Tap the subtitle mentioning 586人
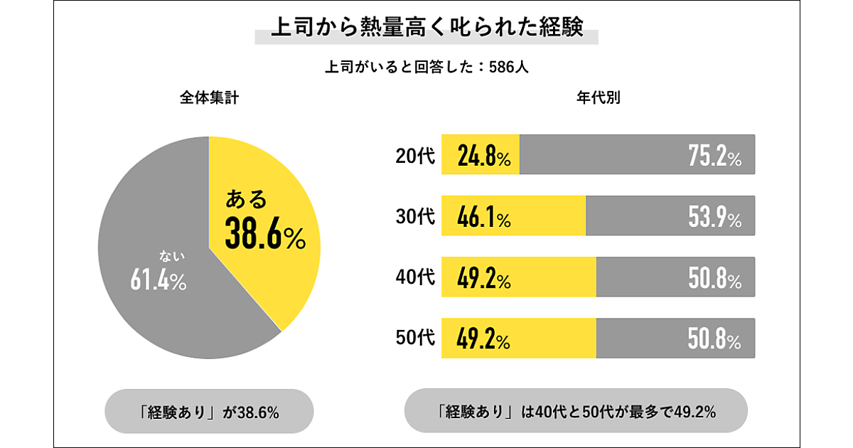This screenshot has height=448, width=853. pos(426,68)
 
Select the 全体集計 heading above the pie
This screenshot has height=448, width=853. pos(208,99)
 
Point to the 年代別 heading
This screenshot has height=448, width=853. pos(598,99)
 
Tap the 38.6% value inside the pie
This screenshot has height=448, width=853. pos(264,233)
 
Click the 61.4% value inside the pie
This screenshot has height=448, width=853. pos(158,281)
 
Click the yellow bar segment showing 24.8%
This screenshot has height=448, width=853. pos(481,155)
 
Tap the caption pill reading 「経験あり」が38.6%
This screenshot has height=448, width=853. pos(208,411)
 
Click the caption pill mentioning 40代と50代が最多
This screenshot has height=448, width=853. pos(576,411)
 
